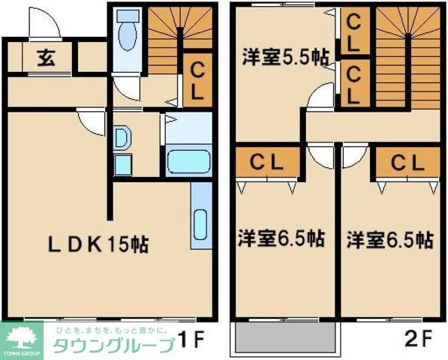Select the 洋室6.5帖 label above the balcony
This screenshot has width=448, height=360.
coord(281,240)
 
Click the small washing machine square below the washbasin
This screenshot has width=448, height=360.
coord(122,163)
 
